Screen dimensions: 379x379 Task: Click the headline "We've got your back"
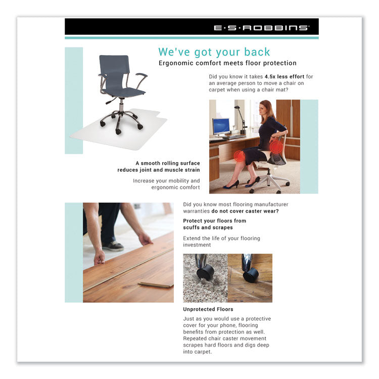pos(214,52)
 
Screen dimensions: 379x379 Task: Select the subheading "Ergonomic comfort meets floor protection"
pos(227,63)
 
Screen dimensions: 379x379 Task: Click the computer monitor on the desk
pos(221,125)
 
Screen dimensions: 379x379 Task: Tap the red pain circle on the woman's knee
pos(239,156)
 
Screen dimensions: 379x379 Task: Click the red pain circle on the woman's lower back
pos(276,147)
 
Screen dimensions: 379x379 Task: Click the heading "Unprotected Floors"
pos(208,309)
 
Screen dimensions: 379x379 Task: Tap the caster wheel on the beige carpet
pos(204,273)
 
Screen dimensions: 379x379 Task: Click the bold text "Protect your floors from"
pos(214,221)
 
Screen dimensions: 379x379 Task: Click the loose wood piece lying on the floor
pos(155,286)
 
